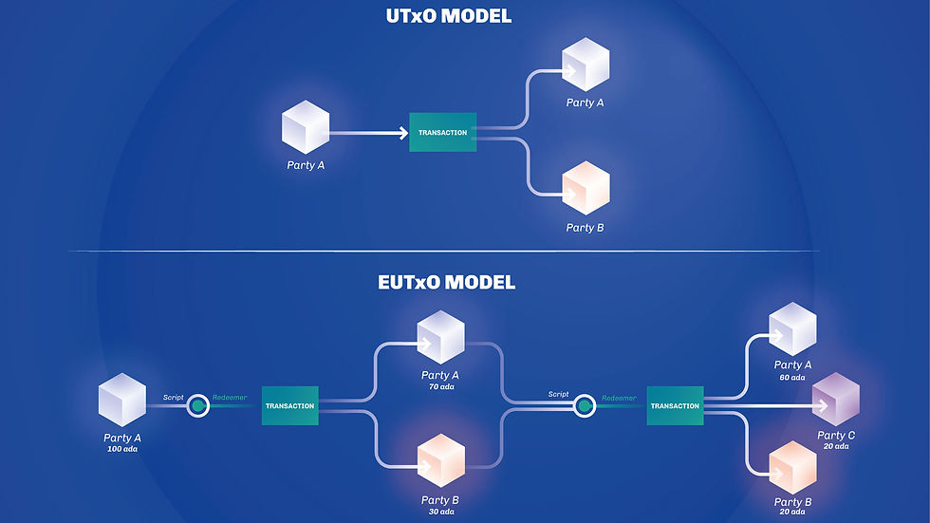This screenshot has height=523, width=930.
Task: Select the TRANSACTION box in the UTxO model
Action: pos(442,133)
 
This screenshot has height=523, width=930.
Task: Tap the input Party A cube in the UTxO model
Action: pos(306,128)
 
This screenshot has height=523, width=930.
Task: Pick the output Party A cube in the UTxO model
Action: pos(586,65)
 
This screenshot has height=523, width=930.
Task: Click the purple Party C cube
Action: pos(836,399)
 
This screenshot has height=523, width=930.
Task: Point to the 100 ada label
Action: pos(123,448)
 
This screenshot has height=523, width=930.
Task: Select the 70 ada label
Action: pos(440,386)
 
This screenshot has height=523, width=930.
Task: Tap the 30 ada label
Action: pos(440,511)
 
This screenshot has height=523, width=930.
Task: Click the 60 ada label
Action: pos(792,377)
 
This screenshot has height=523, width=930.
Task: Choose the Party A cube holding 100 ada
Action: pos(122,399)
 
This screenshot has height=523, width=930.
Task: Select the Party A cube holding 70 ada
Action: pos(440,335)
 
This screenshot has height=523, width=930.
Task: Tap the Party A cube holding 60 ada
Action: pos(792,328)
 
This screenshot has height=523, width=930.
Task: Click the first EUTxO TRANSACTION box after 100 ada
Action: pos(289,406)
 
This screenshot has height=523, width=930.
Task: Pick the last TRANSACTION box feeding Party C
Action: pos(675,406)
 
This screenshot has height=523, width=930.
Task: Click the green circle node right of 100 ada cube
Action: pos(197,406)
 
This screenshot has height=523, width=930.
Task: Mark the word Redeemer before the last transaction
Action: pos(619,398)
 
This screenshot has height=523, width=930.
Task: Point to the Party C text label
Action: pos(836,436)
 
